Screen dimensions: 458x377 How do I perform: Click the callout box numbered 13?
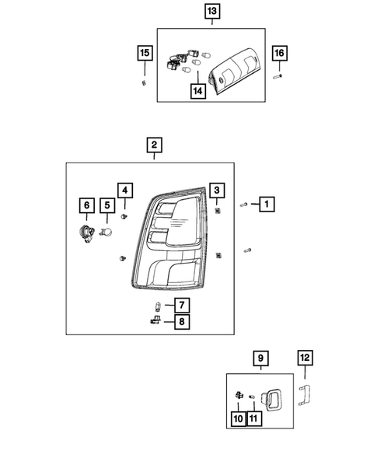click(212, 12)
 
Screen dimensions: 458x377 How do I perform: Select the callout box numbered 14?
click(199, 90)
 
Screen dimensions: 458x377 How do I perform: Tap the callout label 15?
click(144, 53)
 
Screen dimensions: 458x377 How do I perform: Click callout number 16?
click(280, 53)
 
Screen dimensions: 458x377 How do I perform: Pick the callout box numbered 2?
click(154, 145)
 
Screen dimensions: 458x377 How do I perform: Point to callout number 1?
click(267, 205)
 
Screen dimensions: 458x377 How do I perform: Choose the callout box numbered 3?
click(218, 190)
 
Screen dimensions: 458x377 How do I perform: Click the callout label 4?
click(125, 190)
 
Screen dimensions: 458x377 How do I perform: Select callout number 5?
click(106, 205)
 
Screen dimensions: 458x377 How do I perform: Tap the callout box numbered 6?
click(86, 205)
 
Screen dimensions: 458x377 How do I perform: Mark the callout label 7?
click(181, 305)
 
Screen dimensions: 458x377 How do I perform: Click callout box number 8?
click(181, 322)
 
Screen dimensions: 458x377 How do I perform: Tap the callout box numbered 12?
click(305, 358)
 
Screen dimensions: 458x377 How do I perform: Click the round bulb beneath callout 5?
click(107, 231)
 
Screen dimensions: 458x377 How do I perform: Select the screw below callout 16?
click(278, 76)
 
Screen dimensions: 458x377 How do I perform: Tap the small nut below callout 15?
click(144, 82)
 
